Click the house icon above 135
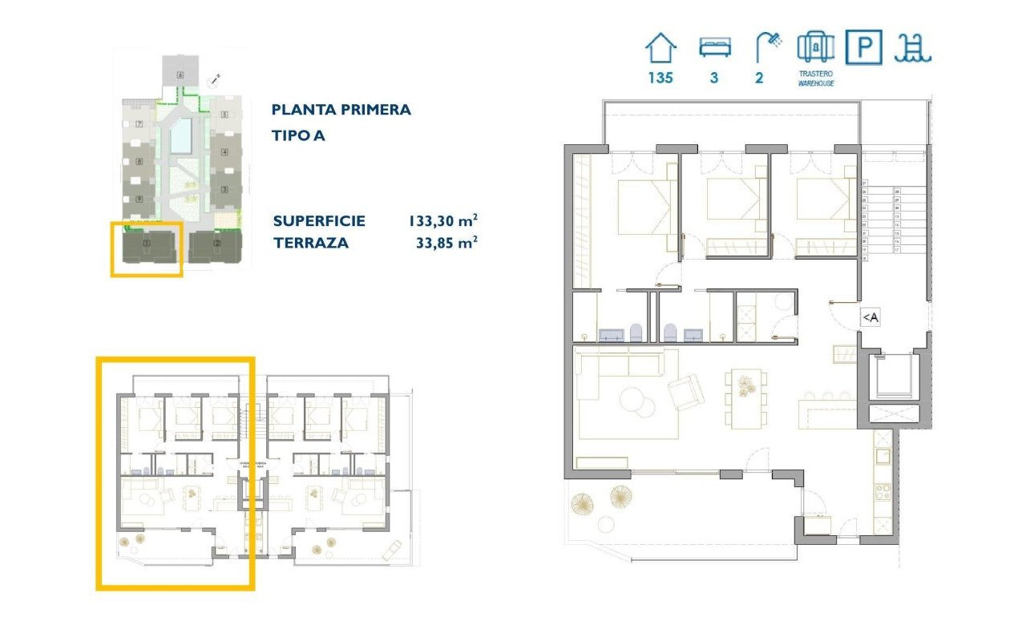point(661,48)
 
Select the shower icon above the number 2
point(768,47)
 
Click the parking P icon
point(864,47)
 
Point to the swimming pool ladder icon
point(914,48)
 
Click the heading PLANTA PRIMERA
point(341,110)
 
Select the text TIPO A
point(298,135)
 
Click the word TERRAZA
point(310,243)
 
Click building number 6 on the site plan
point(181,75)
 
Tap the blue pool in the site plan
point(181,136)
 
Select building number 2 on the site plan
point(216,243)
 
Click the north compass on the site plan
point(214,79)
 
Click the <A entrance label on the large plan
point(870,318)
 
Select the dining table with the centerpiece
point(746,398)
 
